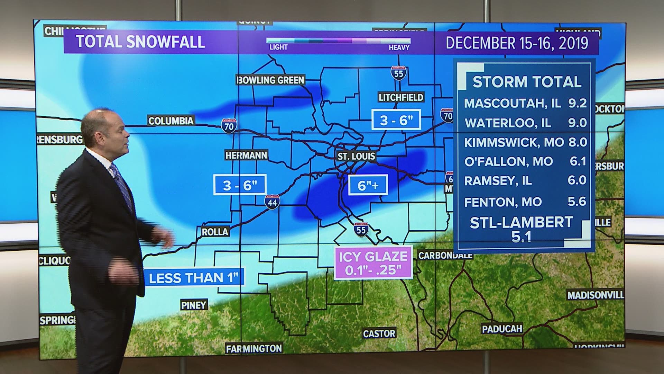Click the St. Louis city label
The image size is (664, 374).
tap(356, 156)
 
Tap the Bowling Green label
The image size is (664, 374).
tap(270, 80)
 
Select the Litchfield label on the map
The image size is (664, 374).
tap(401, 97)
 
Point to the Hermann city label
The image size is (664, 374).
tap(246, 155)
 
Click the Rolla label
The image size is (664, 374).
tap(215, 232)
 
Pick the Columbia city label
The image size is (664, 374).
tap(171, 121)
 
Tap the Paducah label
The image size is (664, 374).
tap(502, 328)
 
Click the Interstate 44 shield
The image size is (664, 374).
tap(272, 202)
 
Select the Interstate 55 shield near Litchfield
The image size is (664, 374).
tap(398, 73)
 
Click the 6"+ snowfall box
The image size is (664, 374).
tap(368, 185)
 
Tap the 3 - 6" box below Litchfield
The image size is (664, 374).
tap(396, 119)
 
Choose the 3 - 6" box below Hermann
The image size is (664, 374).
tap(240, 185)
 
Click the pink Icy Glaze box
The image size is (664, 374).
tap(373, 262)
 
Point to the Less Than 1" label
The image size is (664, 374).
tap(194, 278)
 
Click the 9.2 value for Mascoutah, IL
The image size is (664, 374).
tap(577, 103)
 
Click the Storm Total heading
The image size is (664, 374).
tap(527, 82)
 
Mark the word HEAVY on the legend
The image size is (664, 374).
tap(399, 47)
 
